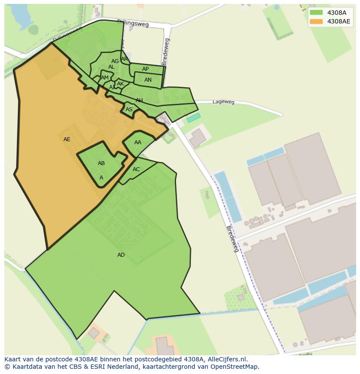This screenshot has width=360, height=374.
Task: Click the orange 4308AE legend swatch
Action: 316,21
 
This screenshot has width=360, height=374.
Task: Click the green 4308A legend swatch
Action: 316,13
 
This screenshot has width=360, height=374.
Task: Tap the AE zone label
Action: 67,139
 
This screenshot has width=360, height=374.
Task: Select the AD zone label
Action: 121,255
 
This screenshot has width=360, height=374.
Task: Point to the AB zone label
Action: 101,163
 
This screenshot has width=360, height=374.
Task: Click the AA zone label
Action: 138,142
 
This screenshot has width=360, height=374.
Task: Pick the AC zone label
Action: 136,169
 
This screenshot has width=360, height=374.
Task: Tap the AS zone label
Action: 129,109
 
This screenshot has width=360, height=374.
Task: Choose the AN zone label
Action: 148,80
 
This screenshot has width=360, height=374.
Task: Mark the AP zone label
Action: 145,69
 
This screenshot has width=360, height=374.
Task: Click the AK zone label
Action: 120,84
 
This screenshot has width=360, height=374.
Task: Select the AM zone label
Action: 105,78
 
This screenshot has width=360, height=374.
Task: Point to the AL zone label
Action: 111,67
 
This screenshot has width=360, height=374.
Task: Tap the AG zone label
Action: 115,61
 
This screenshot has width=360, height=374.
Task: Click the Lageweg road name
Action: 223,102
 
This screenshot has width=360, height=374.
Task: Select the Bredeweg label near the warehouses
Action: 233,239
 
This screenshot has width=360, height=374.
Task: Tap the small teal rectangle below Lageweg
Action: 193,118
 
